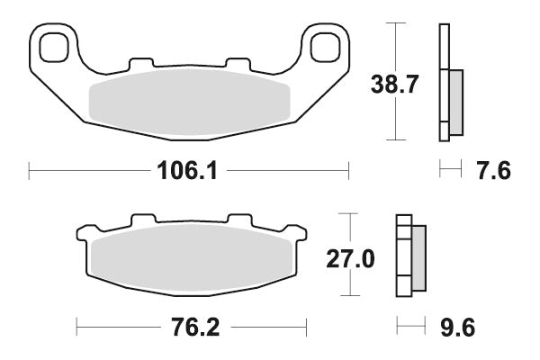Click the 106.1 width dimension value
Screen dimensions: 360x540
pos(189,169)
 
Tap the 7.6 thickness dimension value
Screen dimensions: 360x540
pos(491,169)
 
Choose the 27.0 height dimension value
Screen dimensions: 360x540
pos(349,259)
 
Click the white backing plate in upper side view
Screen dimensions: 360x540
pos(443,81)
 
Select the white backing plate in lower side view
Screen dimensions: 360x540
pos(403,259)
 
